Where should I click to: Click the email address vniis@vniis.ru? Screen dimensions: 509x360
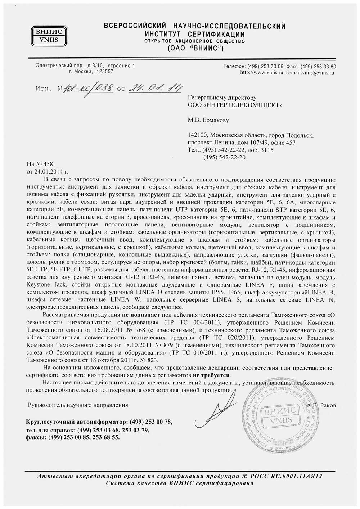click(318, 72)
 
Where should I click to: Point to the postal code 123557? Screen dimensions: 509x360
click(104, 72)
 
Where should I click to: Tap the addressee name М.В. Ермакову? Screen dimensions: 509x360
click(208, 120)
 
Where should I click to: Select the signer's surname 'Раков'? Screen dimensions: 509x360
click(327, 405)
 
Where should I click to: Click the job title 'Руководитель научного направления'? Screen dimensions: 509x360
click(78, 405)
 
